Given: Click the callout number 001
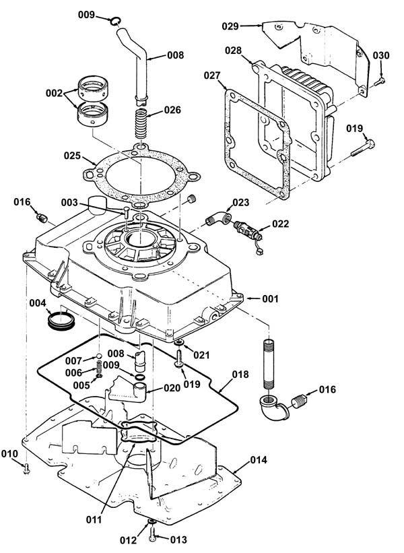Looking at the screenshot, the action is click(x=270, y=298).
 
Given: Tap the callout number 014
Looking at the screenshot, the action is click(x=259, y=460).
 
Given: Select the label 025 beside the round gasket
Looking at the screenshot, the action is click(x=72, y=156).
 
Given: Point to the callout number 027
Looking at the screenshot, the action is click(x=212, y=75).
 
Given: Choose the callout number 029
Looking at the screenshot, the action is click(x=230, y=26).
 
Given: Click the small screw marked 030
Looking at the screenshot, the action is click(x=379, y=82).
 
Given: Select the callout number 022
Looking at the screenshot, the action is click(x=280, y=224).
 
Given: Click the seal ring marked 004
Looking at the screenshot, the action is click(x=61, y=320).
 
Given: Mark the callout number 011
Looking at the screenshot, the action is click(x=94, y=519).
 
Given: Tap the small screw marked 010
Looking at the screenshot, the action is click(x=27, y=469).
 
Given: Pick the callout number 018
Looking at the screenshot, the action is click(x=240, y=375).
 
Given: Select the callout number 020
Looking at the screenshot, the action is click(x=172, y=387).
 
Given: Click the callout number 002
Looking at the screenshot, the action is click(x=54, y=94).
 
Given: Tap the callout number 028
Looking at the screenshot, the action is click(x=234, y=51).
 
